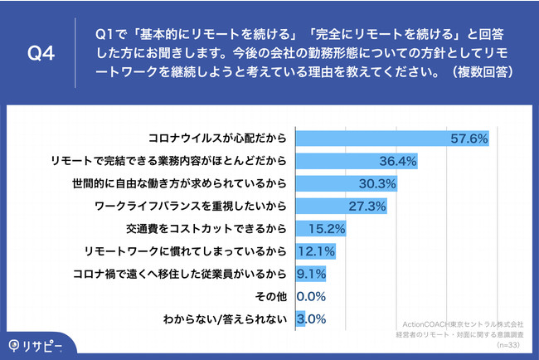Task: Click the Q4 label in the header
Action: pos(41,54)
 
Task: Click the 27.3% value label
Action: pos(362,205)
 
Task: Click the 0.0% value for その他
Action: pos(311,294)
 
